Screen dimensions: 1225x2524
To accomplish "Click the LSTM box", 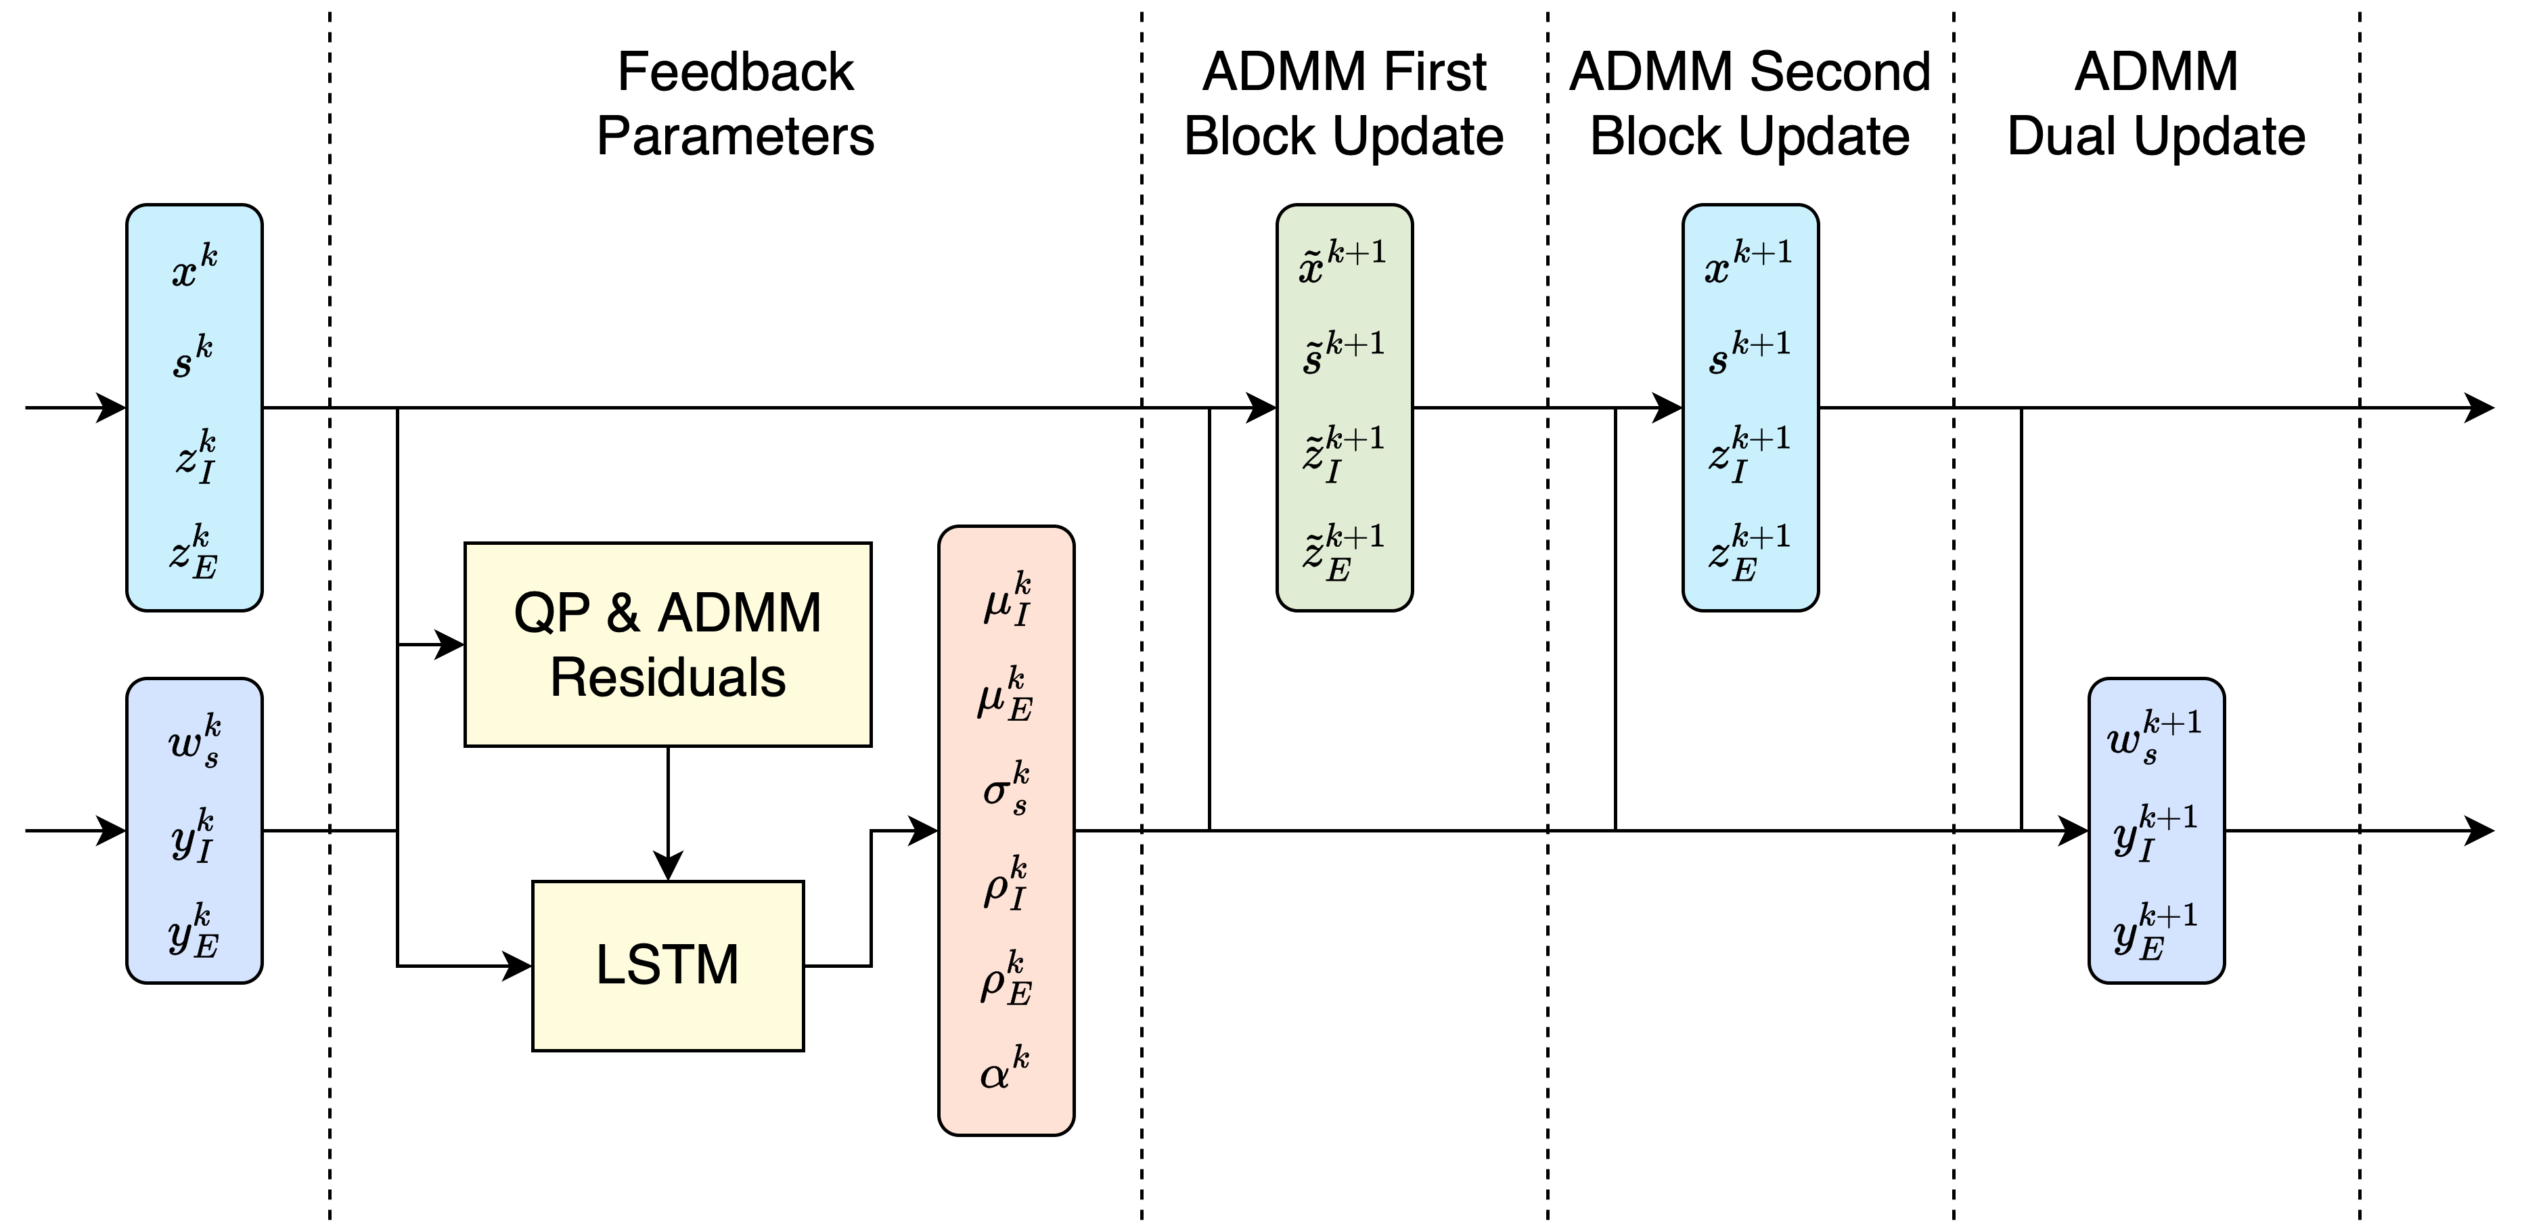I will [667, 965].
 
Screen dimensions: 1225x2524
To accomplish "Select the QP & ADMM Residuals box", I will [667, 644].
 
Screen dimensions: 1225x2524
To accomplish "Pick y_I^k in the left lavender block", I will [193, 836].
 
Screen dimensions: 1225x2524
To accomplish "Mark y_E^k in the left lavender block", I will [193, 931].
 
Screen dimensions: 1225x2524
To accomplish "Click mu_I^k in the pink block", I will [1006, 600].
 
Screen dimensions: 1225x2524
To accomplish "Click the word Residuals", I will [667, 678].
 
